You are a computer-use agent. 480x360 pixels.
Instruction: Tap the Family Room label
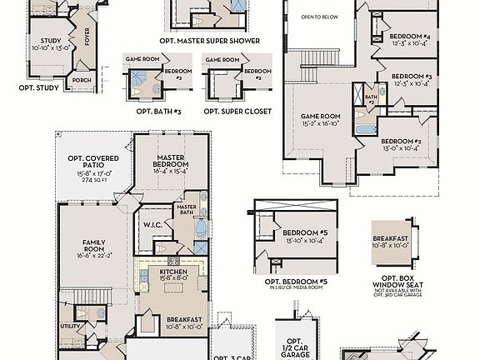(92, 247)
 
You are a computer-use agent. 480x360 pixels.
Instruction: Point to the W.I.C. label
(152, 224)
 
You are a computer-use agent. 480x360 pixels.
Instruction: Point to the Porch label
(82, 81)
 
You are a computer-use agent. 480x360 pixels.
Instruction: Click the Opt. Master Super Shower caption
(209, 40)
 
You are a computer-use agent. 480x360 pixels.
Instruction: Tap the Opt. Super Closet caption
(237, 111)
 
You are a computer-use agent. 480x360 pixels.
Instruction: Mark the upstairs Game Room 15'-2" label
(321, 116)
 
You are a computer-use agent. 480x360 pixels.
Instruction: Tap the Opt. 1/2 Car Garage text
(293, 347)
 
